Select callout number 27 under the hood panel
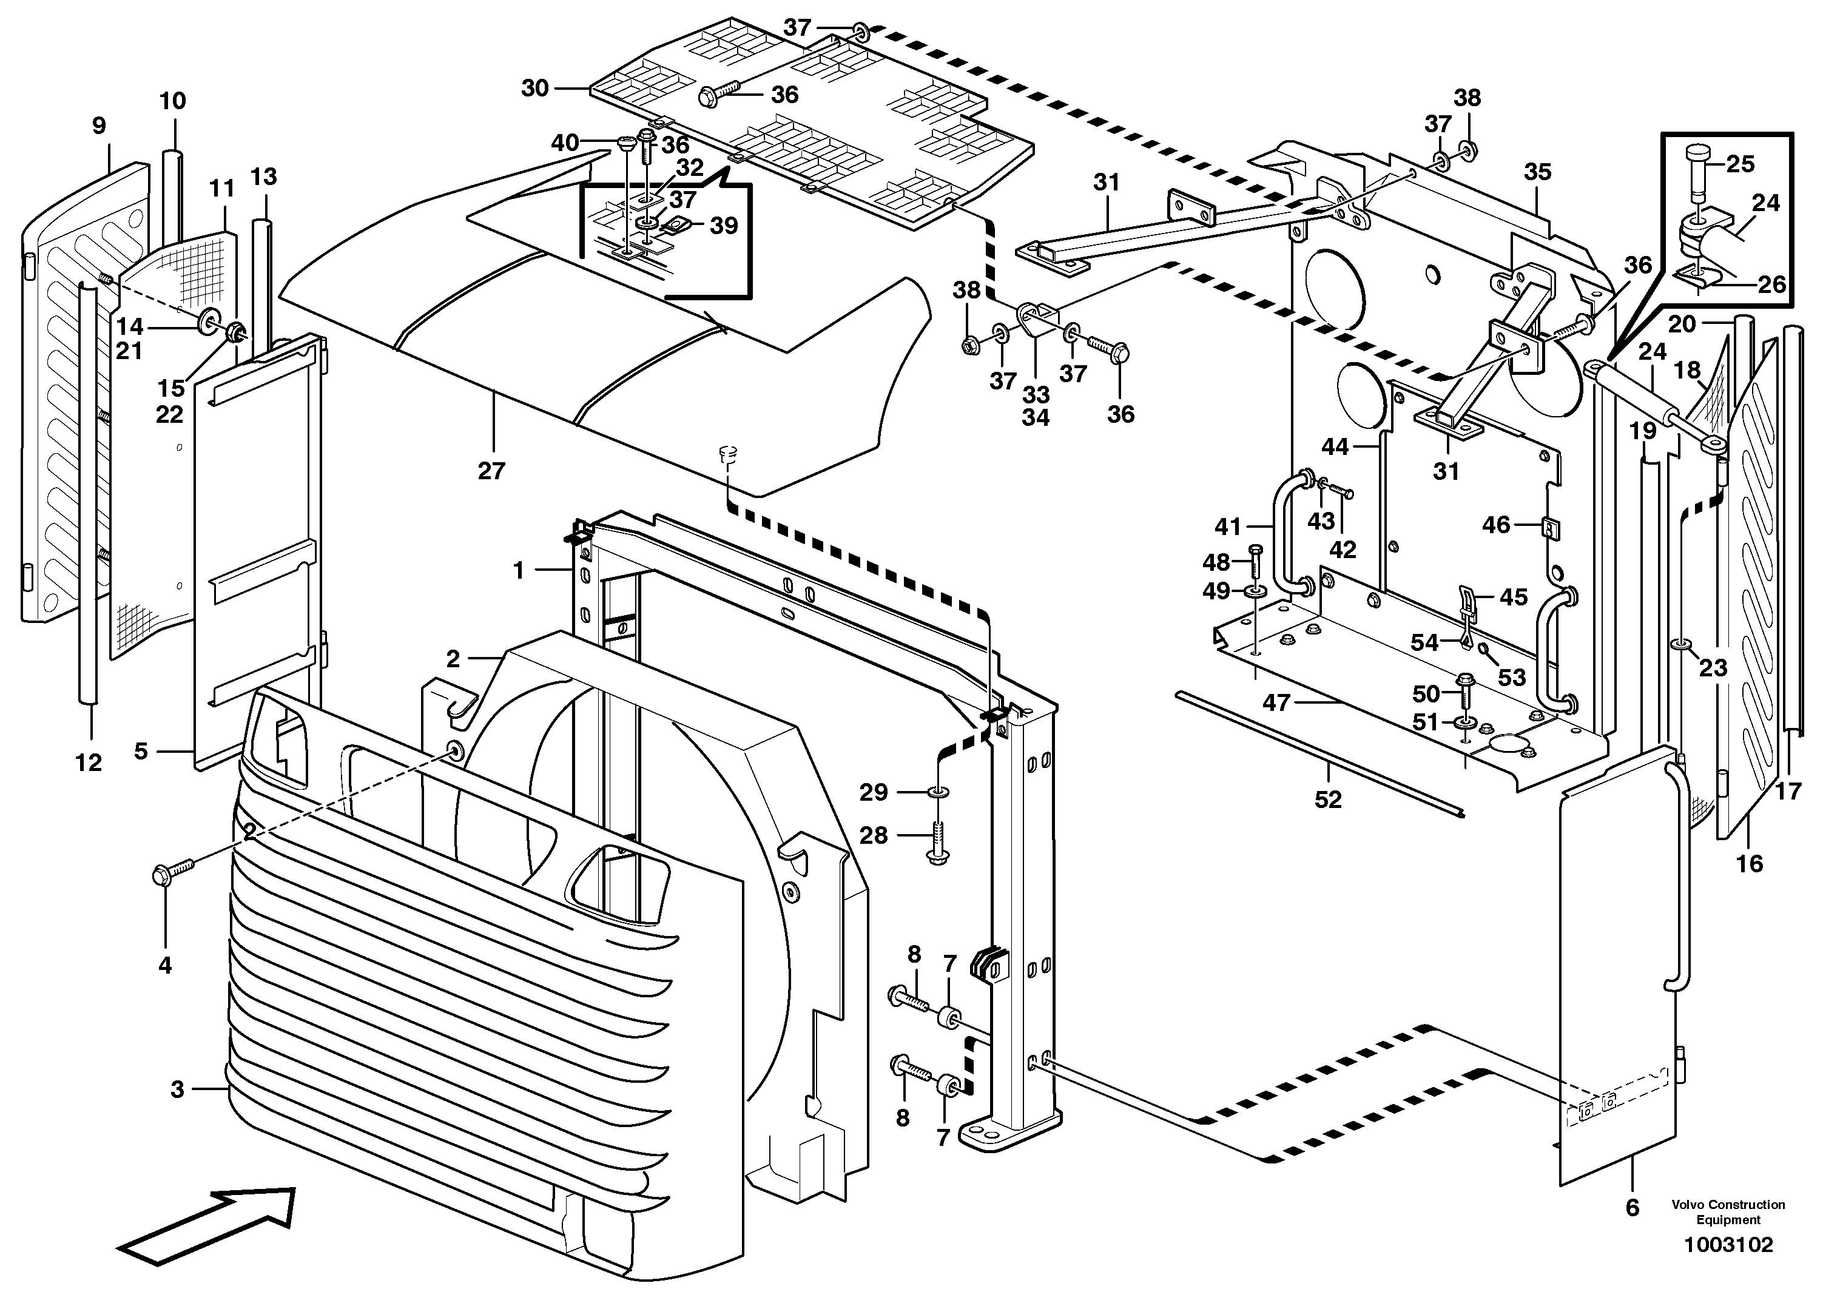point(491,471)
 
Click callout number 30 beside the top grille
point(534,87)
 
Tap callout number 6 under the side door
point(1632,1230)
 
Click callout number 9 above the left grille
point(99,126)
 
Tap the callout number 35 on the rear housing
point(1537,172)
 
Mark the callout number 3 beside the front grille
point(177,1089)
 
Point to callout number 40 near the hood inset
point(564,143)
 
